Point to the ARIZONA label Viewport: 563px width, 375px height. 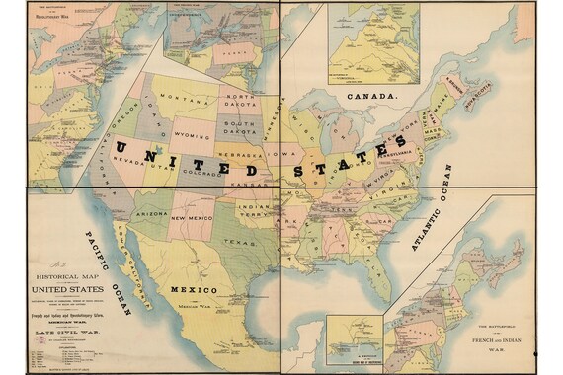coord(151,213)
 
